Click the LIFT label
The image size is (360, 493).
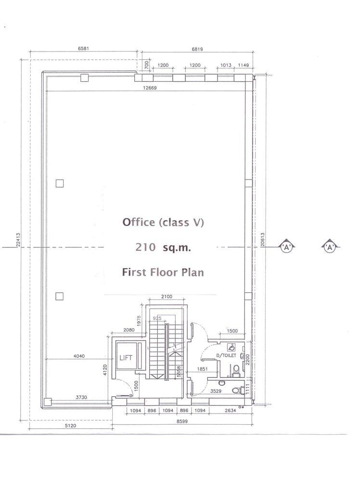(x=126, y=358)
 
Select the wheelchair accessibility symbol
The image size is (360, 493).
(x=231, y=347)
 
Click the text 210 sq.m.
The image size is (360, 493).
(x=163, y=247)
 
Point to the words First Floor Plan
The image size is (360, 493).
(x=163, y=272)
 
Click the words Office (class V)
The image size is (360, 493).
(x=163, y=222)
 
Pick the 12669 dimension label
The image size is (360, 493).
(x=150, y=88)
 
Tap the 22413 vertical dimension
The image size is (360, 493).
(x=18, y=240)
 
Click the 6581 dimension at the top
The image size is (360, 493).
(x=83, y=49)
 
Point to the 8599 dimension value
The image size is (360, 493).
(x=182, y=421)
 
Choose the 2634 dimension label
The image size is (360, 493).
(x=230, y=410)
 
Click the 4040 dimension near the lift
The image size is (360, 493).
(x=79, y=356)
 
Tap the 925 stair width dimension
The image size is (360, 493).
(x=157, y=319)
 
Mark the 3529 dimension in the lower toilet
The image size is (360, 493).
(x=216, y=391)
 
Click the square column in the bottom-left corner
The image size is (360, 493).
(x=48, y=402)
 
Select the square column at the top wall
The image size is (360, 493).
(x=84, y=78)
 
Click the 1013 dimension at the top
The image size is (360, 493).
(x=225, y=65)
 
